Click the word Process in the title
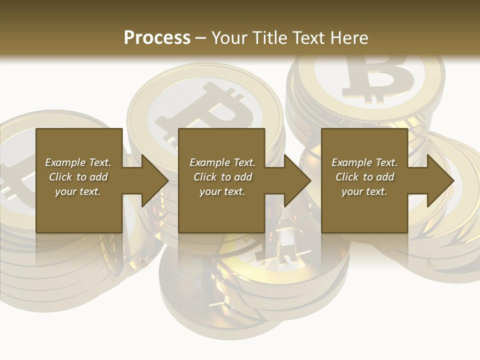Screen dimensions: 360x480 (157, 37)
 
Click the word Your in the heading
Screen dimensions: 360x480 (229, 37)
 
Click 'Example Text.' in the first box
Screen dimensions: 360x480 (78, 162)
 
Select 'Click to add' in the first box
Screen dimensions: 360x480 (78, 177)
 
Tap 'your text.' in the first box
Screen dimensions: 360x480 (78, 191)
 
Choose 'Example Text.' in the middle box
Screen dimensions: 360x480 (222, 162)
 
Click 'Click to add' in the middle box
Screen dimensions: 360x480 (222, 177)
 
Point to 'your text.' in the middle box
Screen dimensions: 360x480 (222, 191)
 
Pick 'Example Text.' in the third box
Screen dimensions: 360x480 (364, 162)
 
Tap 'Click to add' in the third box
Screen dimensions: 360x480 (364, 177)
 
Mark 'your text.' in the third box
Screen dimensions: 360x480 (364, 191)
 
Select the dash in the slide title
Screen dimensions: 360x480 (200, 38)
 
